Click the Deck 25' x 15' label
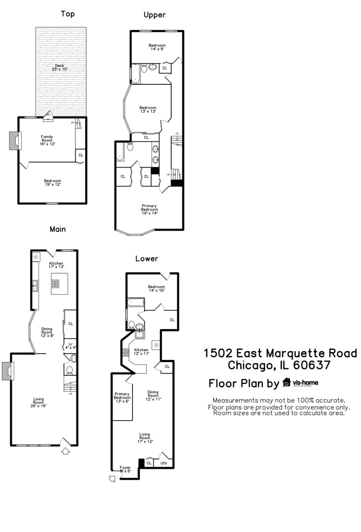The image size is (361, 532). coord(60,67)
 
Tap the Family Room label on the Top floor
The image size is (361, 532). coord(47,140)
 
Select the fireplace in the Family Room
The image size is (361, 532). coord(14,140)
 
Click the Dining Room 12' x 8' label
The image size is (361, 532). coord(47,332)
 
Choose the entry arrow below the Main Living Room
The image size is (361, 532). coord(66,450)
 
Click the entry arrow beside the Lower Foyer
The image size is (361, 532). coord(112,478)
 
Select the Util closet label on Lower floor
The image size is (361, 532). coord(164,463)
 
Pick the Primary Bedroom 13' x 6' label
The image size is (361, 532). coord(122,398)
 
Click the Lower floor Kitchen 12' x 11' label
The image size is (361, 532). coord(141,351)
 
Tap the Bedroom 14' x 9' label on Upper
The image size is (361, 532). coord(157,47)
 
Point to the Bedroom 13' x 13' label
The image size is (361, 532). coord(148,109)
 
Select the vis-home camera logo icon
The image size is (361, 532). coord(286,383)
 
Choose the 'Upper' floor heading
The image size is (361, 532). coord(154,15)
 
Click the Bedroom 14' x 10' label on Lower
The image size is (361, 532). coord(156,289)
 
